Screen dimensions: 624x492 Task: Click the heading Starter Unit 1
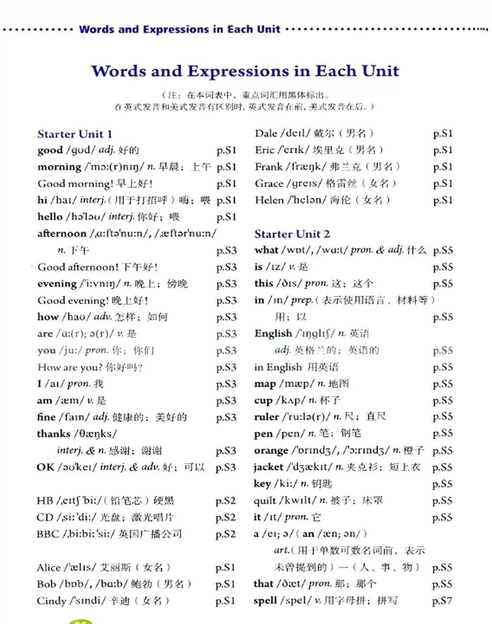click(x=74, y=134)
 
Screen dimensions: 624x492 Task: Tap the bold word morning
click(x=59, y=167)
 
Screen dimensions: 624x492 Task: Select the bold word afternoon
click(x=61, y=234)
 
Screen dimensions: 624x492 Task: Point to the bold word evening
click(x=57, y=284)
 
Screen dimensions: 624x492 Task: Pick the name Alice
click(x=49, y=568)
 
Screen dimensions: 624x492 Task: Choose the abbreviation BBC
click(x=47, y=534)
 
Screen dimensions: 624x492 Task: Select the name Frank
click(x=269, y=167)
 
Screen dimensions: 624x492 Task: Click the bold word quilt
click(x=265, y=501)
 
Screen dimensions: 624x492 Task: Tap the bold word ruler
click(x=266, y=417)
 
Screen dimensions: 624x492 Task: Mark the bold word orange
click(x=271, y=451)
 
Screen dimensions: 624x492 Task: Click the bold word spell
click(x=265, y=601)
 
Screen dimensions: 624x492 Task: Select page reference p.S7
click(x=442, y=601)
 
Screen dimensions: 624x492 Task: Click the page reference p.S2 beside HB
click(x=225, y=501)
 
